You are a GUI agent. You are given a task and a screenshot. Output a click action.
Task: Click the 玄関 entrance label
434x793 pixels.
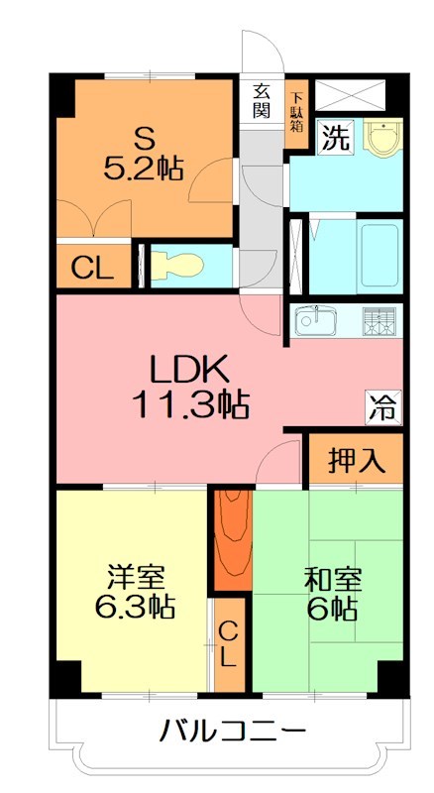tap(261, 102)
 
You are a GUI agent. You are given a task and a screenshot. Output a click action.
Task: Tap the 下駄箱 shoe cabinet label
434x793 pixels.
tap(296, 113)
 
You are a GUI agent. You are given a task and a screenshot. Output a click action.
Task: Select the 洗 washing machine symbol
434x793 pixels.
tap(336, 138)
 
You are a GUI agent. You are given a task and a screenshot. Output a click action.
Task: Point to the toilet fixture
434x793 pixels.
tap(176, 266)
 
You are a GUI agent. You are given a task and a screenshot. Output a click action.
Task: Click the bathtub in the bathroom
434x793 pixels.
tap(380, 256)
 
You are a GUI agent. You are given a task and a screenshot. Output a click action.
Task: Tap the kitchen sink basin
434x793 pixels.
tap(316, 320)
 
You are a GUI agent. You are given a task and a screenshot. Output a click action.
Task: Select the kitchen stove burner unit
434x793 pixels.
tap(379, 321)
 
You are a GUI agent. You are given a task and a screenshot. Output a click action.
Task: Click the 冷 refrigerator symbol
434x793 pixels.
tap(383, 407)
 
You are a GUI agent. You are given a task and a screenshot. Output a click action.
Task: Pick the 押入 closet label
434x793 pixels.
tap(356, 460)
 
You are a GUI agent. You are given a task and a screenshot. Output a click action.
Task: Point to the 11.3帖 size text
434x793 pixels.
tap(190, 404)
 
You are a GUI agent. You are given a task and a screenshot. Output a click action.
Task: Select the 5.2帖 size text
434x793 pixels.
tap(143, 169)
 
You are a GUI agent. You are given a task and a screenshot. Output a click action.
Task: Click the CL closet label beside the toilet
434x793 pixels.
tap(92, 268)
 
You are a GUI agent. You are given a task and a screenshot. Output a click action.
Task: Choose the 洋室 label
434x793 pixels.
tap(136, 578)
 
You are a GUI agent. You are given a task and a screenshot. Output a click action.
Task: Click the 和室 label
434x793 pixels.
tap(333, 580)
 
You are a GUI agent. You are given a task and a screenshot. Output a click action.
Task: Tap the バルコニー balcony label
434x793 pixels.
tap(234, 732)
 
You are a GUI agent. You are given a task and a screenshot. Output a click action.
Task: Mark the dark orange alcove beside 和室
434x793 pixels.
tap(233, 539)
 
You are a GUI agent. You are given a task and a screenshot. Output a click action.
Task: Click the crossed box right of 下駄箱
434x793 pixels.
tap(350, 94)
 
